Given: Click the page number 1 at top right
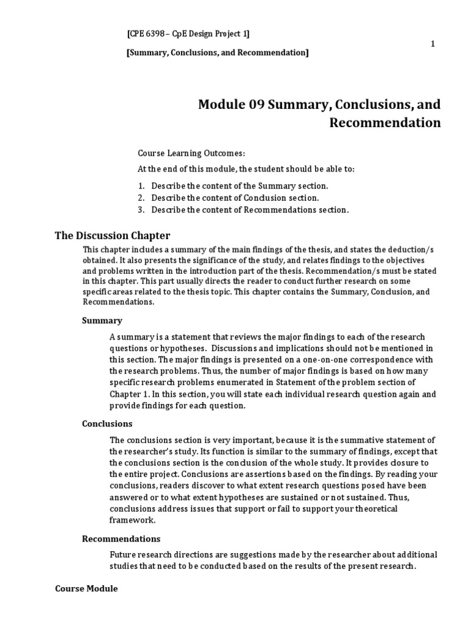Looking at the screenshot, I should tap(433, 43).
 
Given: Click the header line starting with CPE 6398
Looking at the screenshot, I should tap(188, 33).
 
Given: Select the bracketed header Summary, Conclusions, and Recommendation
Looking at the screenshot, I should tap(217, 53).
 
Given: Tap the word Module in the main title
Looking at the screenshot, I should tap(222, 104).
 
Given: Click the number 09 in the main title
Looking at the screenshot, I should tap(260, 104).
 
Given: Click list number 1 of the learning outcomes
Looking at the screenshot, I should tap(140, 186).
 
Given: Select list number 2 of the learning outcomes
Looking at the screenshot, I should tap(140, 198).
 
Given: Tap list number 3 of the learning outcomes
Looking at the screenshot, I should tap(140, 210).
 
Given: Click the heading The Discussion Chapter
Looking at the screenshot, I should tap(113, 235).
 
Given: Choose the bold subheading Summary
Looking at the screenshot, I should tap(102, 320).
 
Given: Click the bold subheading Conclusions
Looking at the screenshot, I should tap(107, 423).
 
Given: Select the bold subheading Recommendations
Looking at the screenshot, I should tap(121, 538).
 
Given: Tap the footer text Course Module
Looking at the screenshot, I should tap(87, 589).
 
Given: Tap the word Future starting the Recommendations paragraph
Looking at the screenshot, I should tap(122, 554).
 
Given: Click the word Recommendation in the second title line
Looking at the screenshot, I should tap(385, 123).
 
